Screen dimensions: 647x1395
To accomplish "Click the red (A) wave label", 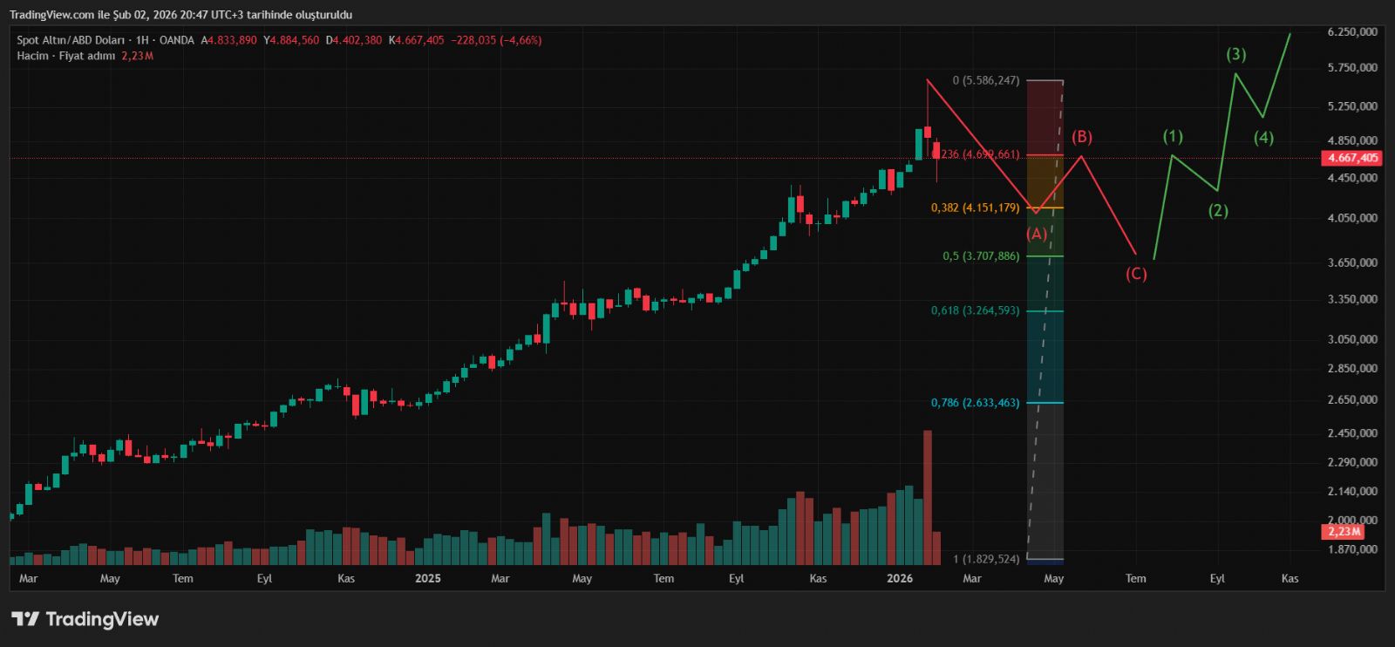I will [1037, 234].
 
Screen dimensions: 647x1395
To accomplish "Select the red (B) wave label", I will [1081, 137].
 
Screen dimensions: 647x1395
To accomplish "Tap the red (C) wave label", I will [1135, 274].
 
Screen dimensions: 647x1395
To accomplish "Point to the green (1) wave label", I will [1173, 136].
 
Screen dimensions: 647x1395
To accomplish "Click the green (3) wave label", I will [1235, 54].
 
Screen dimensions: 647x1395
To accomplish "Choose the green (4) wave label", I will [1263, 138].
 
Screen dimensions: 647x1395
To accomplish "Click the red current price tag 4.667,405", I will [1352, 158].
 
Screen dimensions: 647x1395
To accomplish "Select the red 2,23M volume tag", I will [1344, 531].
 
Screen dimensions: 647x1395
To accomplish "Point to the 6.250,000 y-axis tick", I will [1351, 31].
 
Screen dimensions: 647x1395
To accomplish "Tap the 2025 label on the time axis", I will [427, 578].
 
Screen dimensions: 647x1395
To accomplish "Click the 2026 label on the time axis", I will [899, 578].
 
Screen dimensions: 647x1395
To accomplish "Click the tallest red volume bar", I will [927, 497].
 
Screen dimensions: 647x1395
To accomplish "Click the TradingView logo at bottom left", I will [85, 619].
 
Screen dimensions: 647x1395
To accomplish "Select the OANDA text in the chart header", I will [177, 40].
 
